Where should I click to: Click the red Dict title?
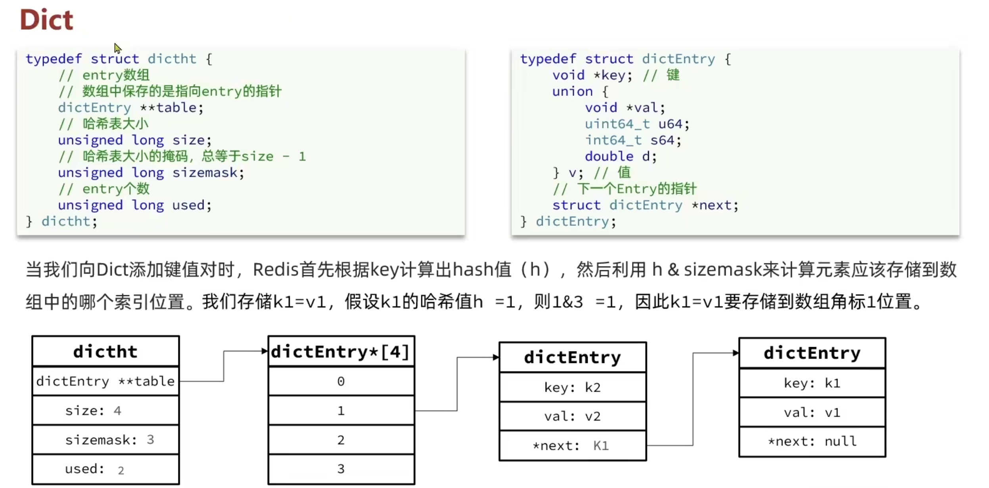click(x=46, y=20)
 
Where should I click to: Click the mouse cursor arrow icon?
click(x=117, y=48)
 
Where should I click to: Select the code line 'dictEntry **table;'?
click(x=130, y=108)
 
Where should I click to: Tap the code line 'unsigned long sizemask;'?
click(x=151, y=173)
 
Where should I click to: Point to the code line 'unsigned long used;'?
click(x=134, y=205)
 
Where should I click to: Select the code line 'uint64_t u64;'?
click(x=637, y=124)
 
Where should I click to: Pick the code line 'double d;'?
click(x=621, y=156)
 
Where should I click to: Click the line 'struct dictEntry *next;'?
click(x=645, y=205)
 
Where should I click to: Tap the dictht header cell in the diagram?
click(x=105, y=352)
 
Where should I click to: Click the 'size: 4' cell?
click(x=105, y=411)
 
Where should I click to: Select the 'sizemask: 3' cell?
click(x=105, y=440)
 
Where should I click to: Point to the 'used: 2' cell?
click(x=105, y=469)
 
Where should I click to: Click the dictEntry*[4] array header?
click(x=341, y=352)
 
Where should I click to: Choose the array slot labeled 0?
click(x=341, y=381)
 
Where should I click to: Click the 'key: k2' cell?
click(x=572, y=387)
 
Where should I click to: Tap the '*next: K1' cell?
click(x=572, y=446)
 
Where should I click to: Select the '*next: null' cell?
click(x=812, y=441)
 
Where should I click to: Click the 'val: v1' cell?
click(x=812, y=413)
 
